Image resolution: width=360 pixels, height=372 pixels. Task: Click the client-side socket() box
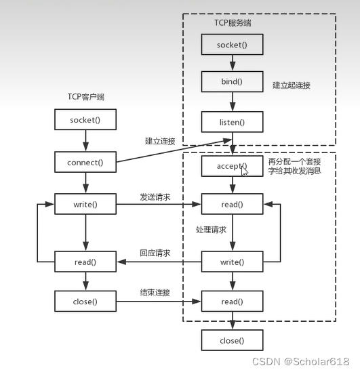(x=85, y=121)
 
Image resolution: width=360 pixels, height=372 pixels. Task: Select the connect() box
(x=85, y=163)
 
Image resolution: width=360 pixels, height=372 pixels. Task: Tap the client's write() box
(x=85, y=204)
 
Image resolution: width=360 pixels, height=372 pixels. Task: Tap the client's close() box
(x=85, y=302)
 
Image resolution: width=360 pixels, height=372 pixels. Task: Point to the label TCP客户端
(x=85, y=98)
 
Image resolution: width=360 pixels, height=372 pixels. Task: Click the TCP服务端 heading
(x=233, y=23)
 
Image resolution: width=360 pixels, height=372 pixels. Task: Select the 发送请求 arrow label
(x=155, y=197)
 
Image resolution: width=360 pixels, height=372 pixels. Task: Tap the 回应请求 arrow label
(x=155, y=253)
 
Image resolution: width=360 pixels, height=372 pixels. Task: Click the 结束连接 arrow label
(x=155, y=293)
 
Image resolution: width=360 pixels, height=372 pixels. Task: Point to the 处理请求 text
(x=211, y=230)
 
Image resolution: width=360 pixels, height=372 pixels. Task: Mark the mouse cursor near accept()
(x=245, y=171)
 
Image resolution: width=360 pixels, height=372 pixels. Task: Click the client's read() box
(x=85, y=262)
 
